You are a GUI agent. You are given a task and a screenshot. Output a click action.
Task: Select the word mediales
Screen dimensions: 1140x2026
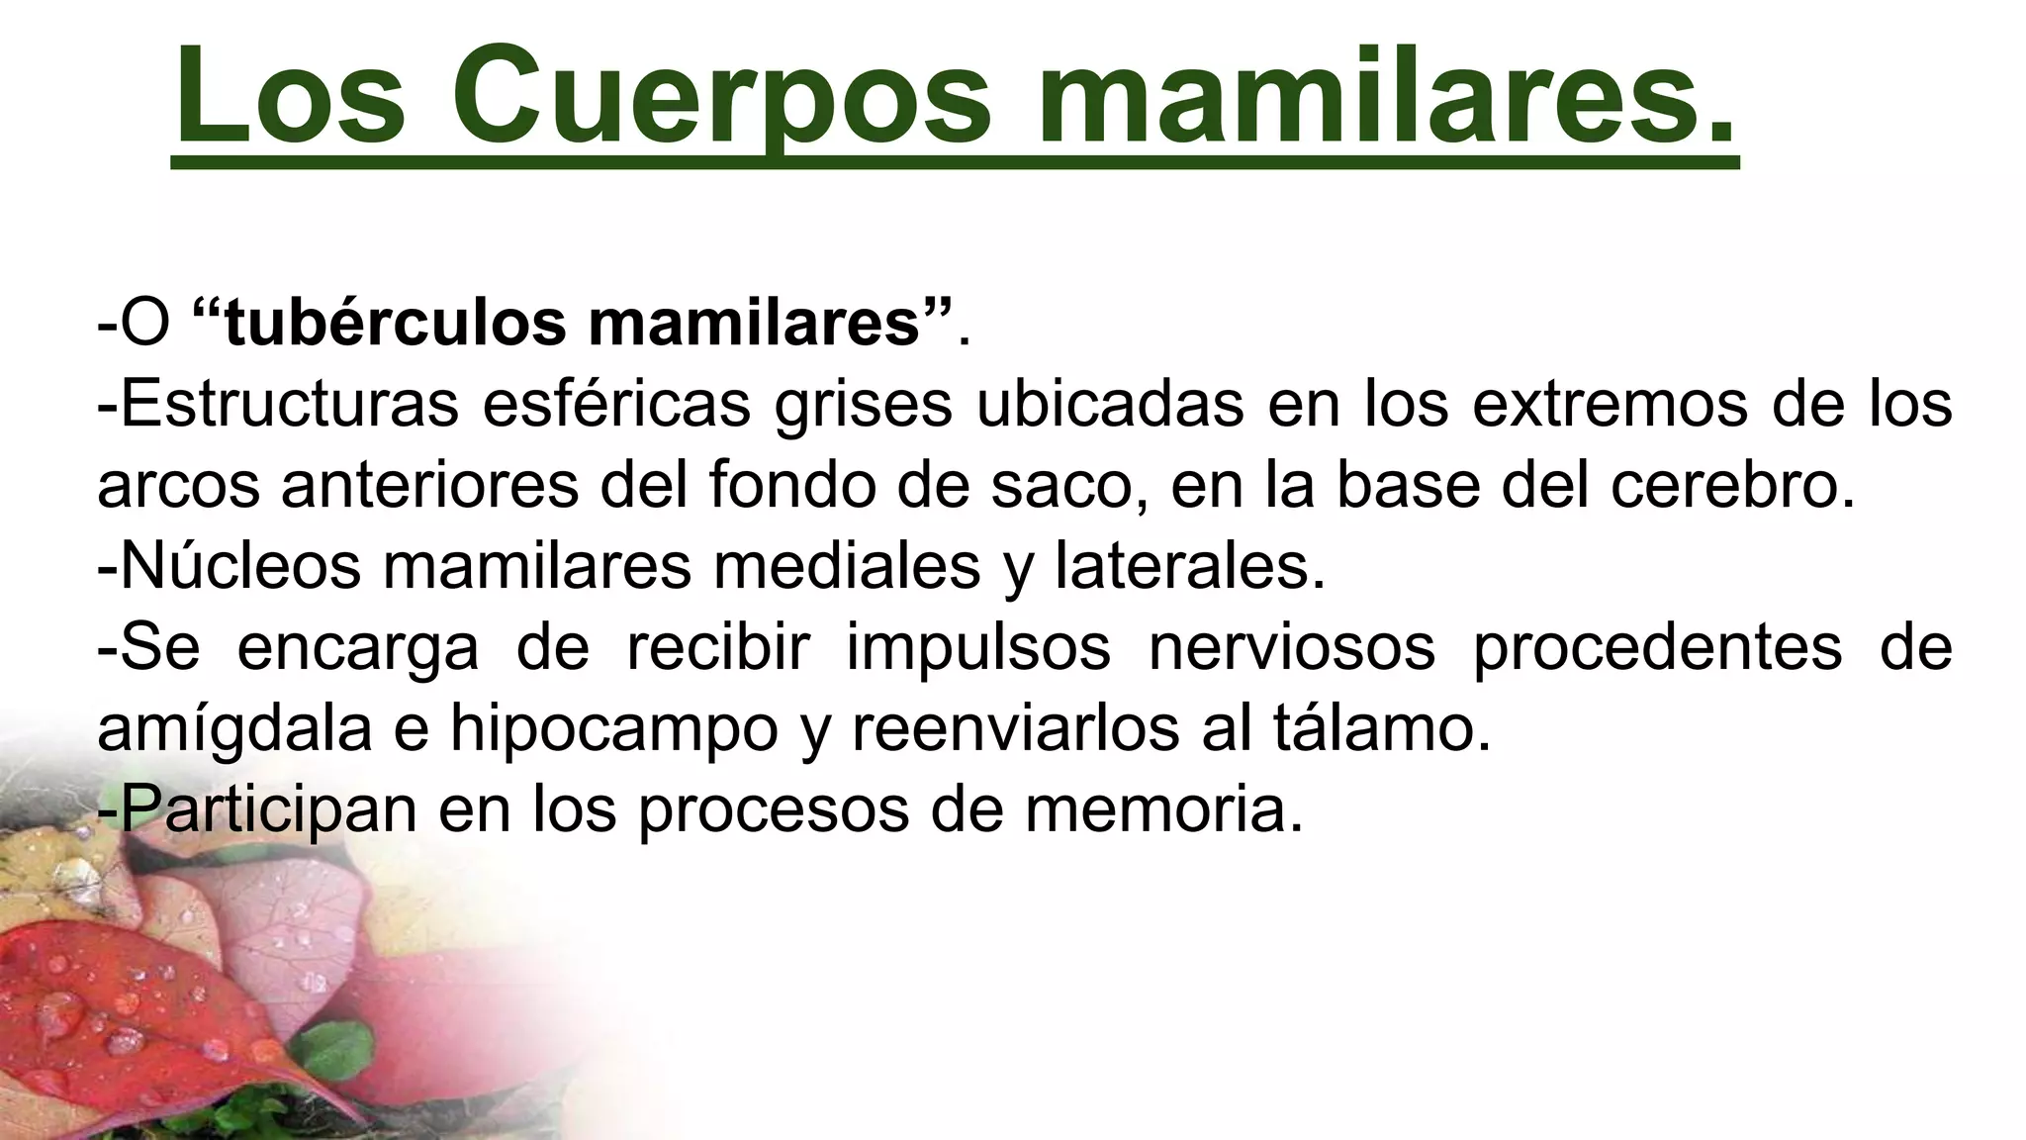click(x=847, y=566)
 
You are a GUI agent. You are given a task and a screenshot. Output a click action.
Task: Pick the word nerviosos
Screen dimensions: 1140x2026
click(x=1291, y=647)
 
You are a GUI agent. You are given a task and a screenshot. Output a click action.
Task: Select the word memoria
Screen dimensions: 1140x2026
click(x=1163, y=809)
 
